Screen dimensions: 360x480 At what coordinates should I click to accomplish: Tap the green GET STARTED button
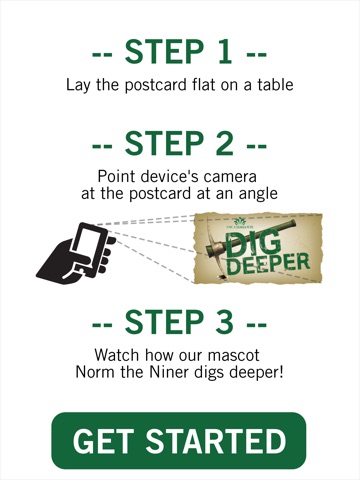pyautogui.click(x=179, y=440)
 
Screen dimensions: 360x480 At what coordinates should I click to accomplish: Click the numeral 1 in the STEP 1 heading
pyautogui.click(x=225, y=52)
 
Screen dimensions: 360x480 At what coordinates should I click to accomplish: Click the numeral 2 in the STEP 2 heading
pyautogui.click(x=224, y=143)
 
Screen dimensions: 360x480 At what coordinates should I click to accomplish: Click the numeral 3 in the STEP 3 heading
pyautogui.click(x=224, y=321)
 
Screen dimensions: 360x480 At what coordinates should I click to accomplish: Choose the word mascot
pyautogui.click(x=233, y=355)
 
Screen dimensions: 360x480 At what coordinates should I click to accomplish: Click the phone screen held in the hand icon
pyautogui.click(x=87, y=245)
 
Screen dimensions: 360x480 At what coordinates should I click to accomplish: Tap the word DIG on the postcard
pyautogui.click(x=253, y=245)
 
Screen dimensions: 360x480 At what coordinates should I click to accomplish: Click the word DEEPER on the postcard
pyautogui.click(x=269, y=264)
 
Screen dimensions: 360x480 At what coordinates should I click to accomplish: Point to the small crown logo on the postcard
pyautogui.click(x=240, y=221)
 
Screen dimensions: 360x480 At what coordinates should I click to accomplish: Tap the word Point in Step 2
pyautogui.click(x=117, y=176)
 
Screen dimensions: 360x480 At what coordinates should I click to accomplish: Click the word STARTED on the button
pyautogui.click(x=216, y=441)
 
